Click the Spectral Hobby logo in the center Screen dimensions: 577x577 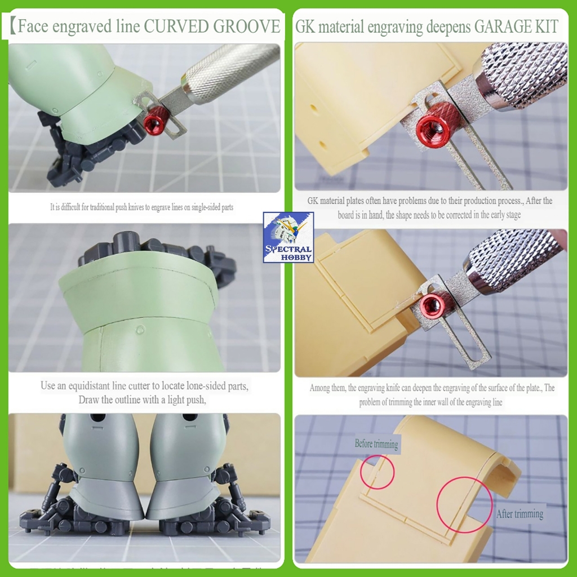click(x=288, y=237)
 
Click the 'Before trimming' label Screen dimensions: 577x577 click(x=376, y=443)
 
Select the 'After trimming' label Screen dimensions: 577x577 click(x=520, y=514)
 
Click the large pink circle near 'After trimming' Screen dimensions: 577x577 click(x=464, y=505)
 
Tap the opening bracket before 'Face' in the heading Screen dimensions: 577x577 click(x=12, y=26)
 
